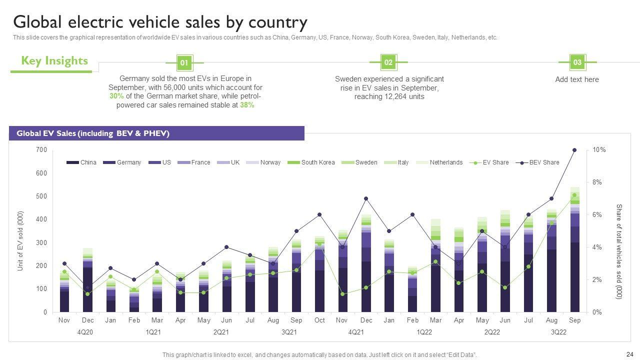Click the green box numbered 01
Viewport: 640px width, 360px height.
pyautogui.click(x=184, y=63)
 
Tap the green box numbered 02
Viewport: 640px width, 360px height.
pyautogui.click(x=388, y=62)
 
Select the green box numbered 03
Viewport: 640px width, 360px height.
pyautogui.click(x=577, y=62)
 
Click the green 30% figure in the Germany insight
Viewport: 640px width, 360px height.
pyautogui.click(x=116, y=96)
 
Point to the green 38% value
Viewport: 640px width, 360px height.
pyautogui.click(x=246, y=105)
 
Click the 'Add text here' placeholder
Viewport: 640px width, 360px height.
pyautogui.click(x=576, y=79)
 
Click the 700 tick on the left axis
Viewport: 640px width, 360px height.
pyautogui.click(x=41, y=150)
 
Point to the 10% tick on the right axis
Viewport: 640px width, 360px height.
pyautogui.click(x=599, y=150)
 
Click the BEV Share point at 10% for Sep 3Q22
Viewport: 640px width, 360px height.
pyautogui.click(x=574, y=150)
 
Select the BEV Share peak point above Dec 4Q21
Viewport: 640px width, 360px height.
pyautogui.click(x=366, y=198)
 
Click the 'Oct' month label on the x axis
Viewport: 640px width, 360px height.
pyautogui.click(x=319, y=320)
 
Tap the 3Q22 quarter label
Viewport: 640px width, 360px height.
pyautogui.click(x=558, y=332)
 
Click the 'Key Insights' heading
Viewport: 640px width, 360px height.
pyautogui.click(x=54, y=61)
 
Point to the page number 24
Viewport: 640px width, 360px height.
pyautogui.click(x=629, y=354)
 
